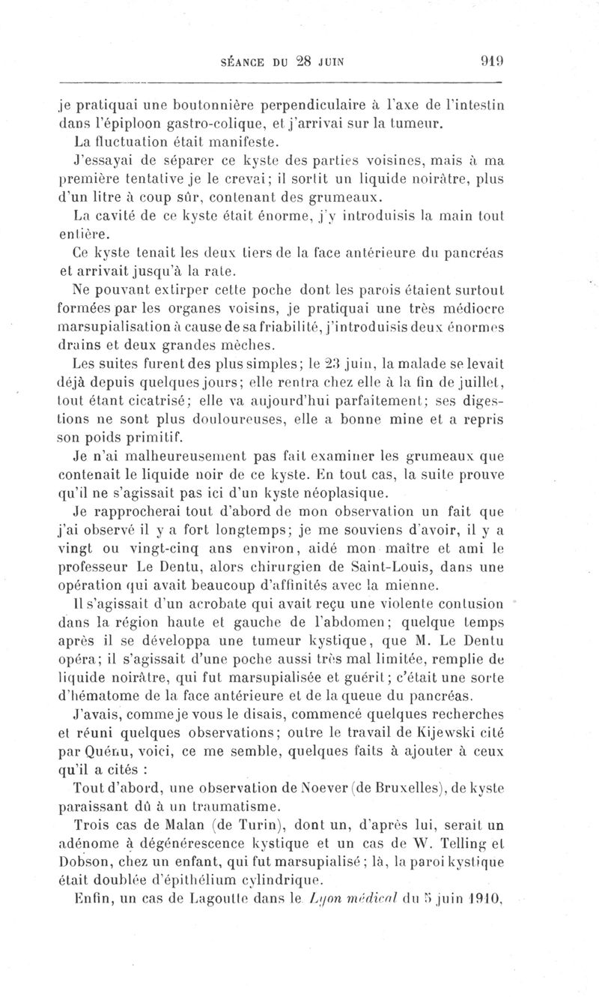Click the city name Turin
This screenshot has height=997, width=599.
coord(265,824)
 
